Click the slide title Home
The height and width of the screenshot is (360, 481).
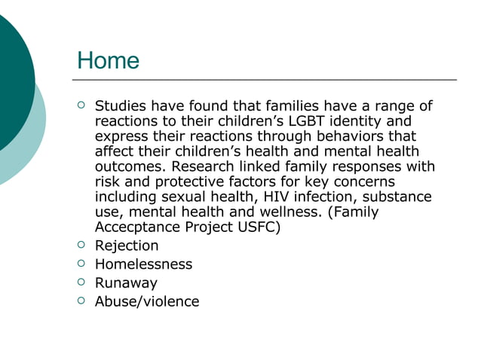(x=109, y=60)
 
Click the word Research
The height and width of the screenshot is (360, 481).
(x=204, y=166)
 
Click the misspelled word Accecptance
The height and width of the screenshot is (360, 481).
(x=134, y=227)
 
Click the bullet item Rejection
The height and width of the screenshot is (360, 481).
(x=126, y=246)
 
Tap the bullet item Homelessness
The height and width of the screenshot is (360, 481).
(x=143, y=264)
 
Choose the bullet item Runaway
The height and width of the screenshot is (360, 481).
(x=126, y=283)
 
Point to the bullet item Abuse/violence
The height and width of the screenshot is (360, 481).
(x=147, y=302)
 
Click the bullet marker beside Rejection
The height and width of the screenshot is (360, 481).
(x=81, y=245)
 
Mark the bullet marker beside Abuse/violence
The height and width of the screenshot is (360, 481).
(x=81, y=301)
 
